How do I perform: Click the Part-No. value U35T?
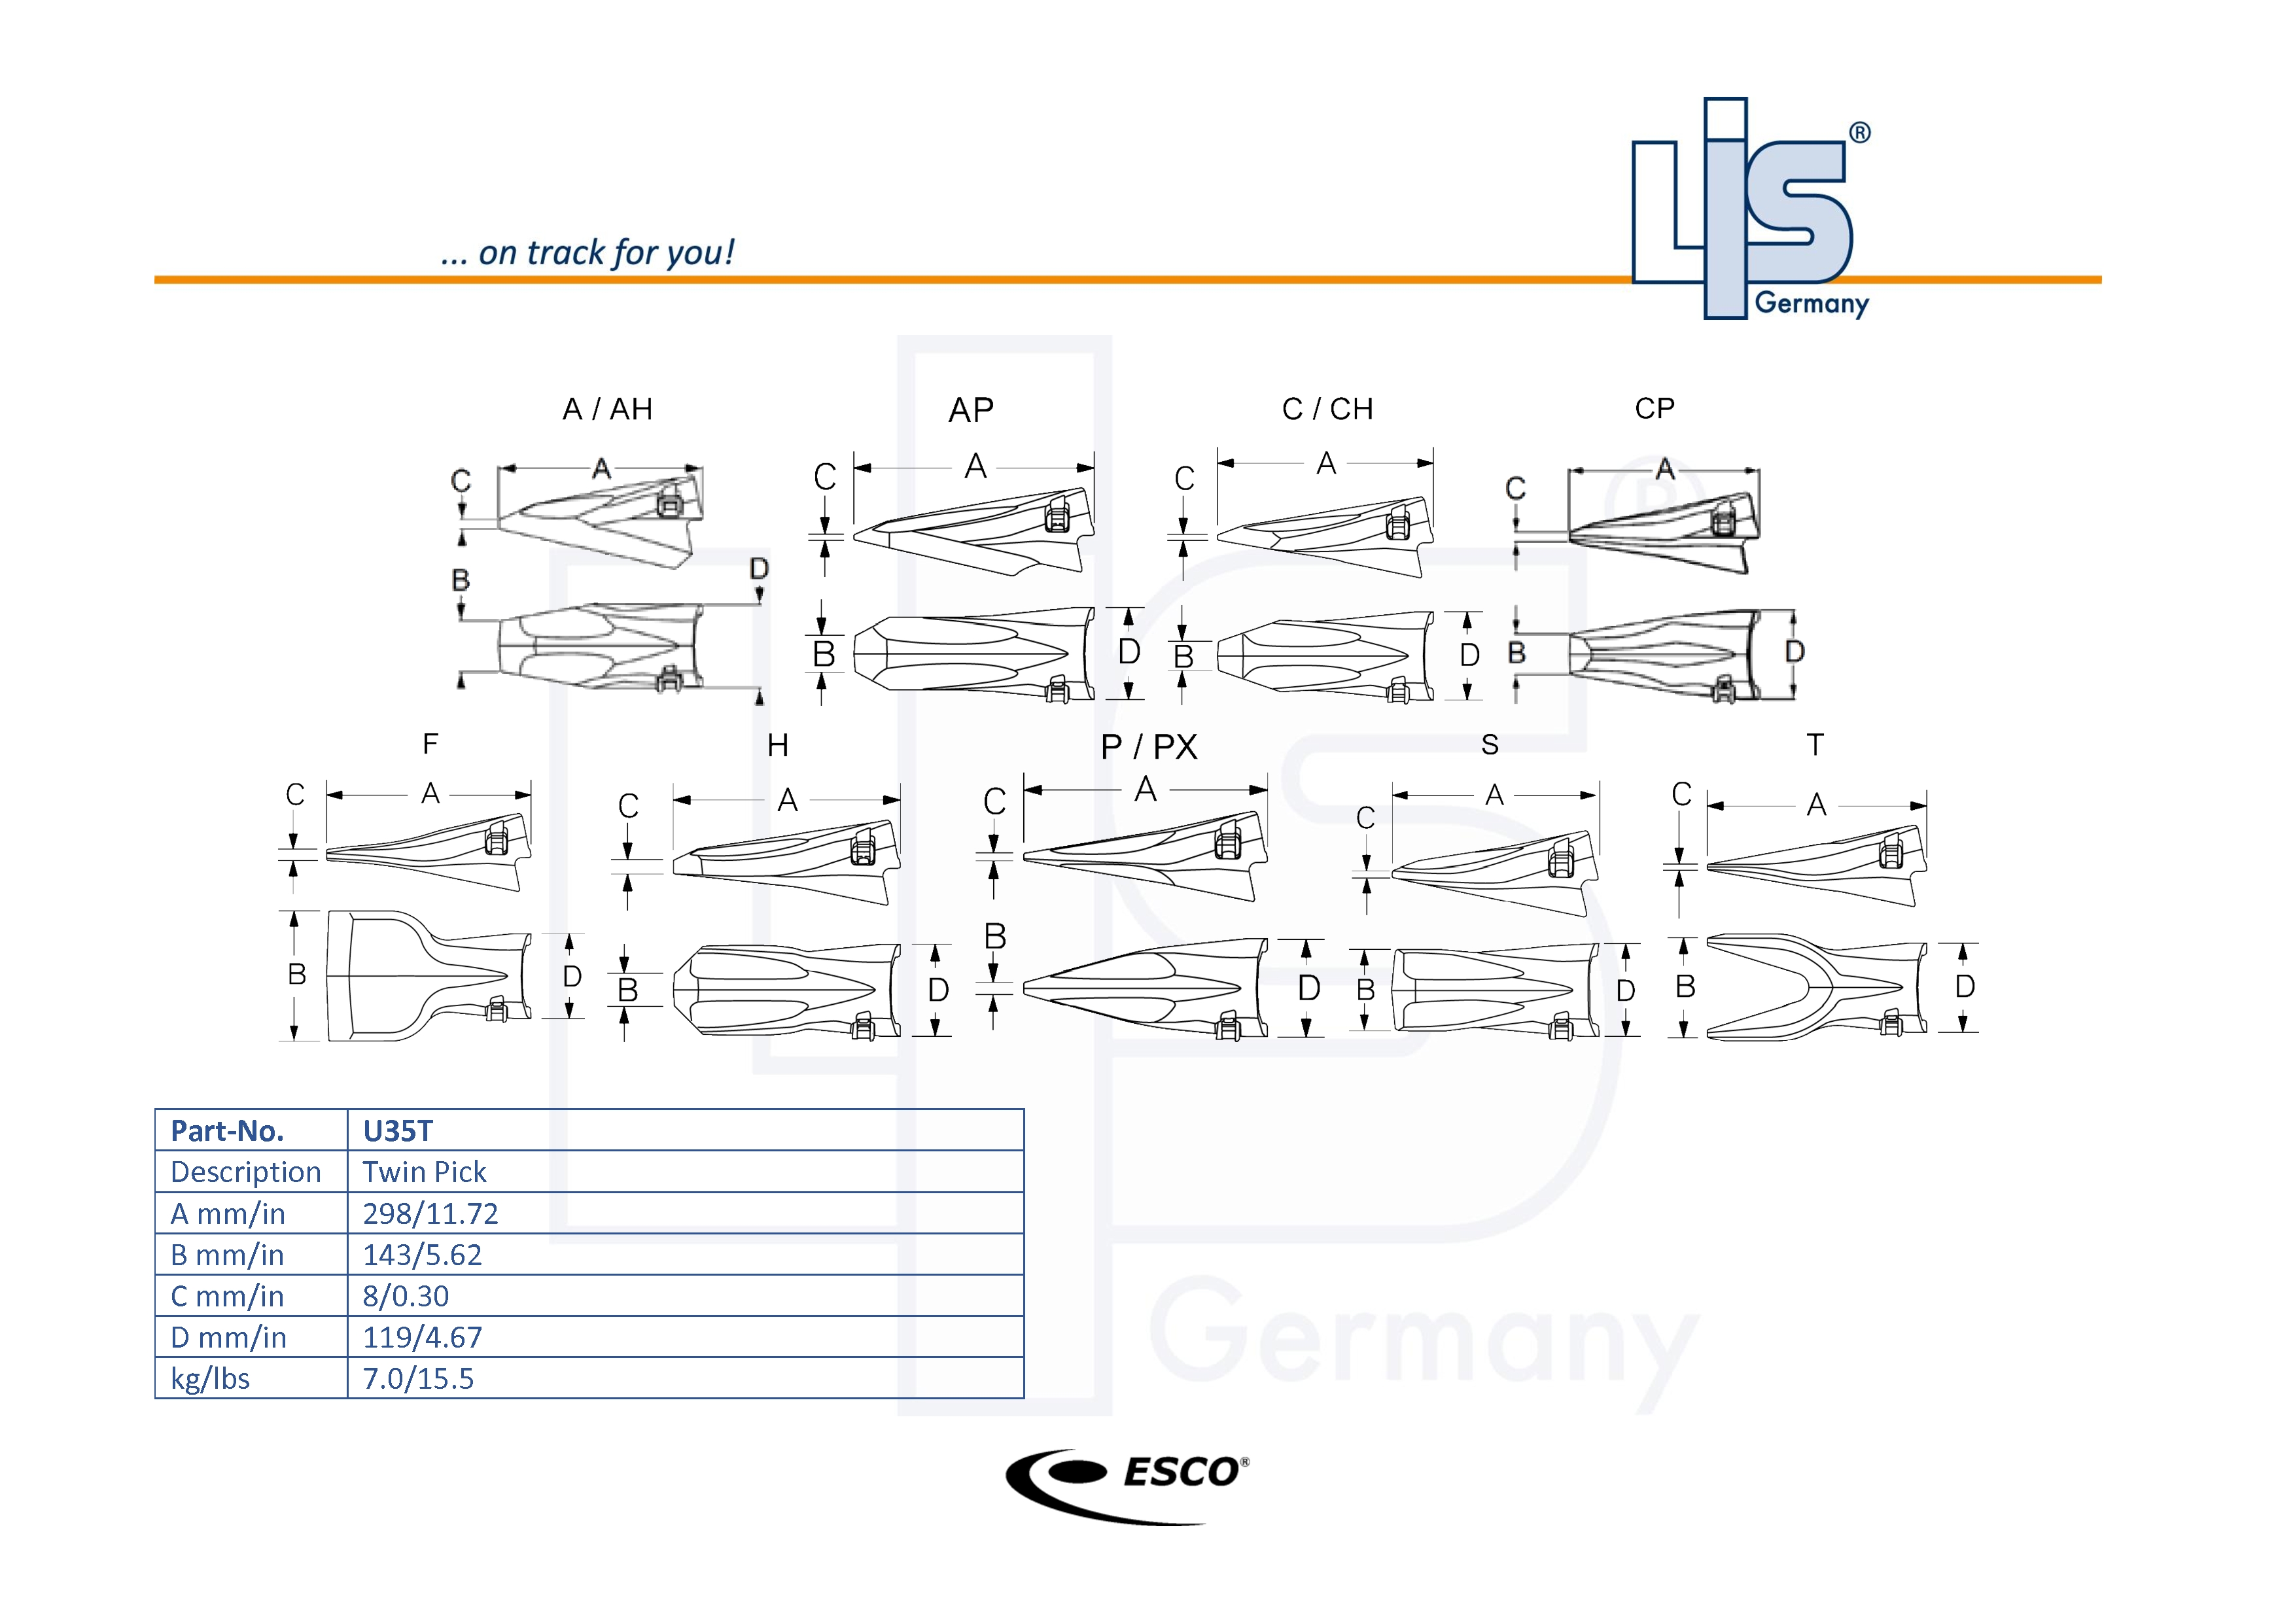tap(398, 1131)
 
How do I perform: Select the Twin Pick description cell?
tap(424, 1172)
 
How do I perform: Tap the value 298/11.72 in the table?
tap(430, 1213)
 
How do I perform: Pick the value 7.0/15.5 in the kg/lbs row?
tap(418, 1379)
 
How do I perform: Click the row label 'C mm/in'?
tap(227, 1296)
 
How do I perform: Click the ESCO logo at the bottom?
tap(1127, 1485)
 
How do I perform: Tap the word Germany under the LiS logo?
tap(1812, 303)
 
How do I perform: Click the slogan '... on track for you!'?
tap(587, 253)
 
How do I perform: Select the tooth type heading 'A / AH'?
tap(608, 410)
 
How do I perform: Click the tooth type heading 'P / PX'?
tap(1149, 746)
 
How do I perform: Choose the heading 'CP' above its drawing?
tap(1655, 409)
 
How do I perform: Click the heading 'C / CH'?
tap(1327, 410)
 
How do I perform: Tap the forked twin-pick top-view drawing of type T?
tap(1814, 986)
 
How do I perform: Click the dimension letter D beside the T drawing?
tap(1964, 986)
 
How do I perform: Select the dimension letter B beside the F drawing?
tap(297, 975)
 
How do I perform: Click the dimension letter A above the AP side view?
tap(975, 466)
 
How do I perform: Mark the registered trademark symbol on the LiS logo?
tap(1859, 133)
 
